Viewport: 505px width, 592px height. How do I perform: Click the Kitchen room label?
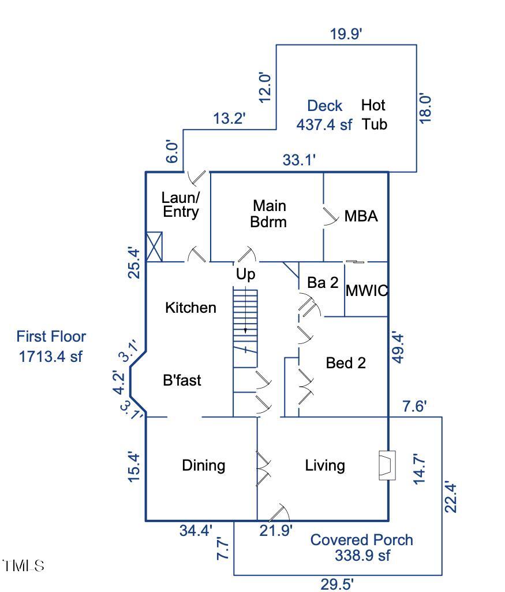[190, 308]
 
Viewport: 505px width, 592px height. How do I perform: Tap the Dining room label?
[203, 465]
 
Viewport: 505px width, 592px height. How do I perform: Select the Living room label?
[325, 465]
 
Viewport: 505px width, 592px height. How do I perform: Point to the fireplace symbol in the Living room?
[386, 465]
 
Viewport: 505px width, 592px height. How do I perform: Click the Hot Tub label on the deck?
[373, 114]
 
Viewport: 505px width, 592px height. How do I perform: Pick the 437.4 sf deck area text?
[324, 125]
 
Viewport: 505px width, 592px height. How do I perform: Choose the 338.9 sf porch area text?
[362, 556]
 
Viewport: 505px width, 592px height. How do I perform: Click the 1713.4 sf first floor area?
[51, 356]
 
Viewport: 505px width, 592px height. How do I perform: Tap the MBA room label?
[361, 217]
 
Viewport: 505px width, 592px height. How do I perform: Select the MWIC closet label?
[366, 291]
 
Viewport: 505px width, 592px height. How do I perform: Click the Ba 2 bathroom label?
[323, 283]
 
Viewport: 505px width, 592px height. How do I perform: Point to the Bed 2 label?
[346, 363]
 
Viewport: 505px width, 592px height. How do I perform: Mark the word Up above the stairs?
[245, 275]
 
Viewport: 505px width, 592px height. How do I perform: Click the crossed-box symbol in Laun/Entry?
[155, 247]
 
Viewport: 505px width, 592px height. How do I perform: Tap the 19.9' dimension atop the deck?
[346, 34]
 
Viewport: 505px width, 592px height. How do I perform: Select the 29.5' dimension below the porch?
[337, 584]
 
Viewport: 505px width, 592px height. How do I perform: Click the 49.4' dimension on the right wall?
[398, 347]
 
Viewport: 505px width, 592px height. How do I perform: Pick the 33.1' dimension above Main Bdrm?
[299, 160]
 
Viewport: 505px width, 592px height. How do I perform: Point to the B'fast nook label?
[182, 380]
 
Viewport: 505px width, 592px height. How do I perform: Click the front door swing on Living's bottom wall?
[279, 513]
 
